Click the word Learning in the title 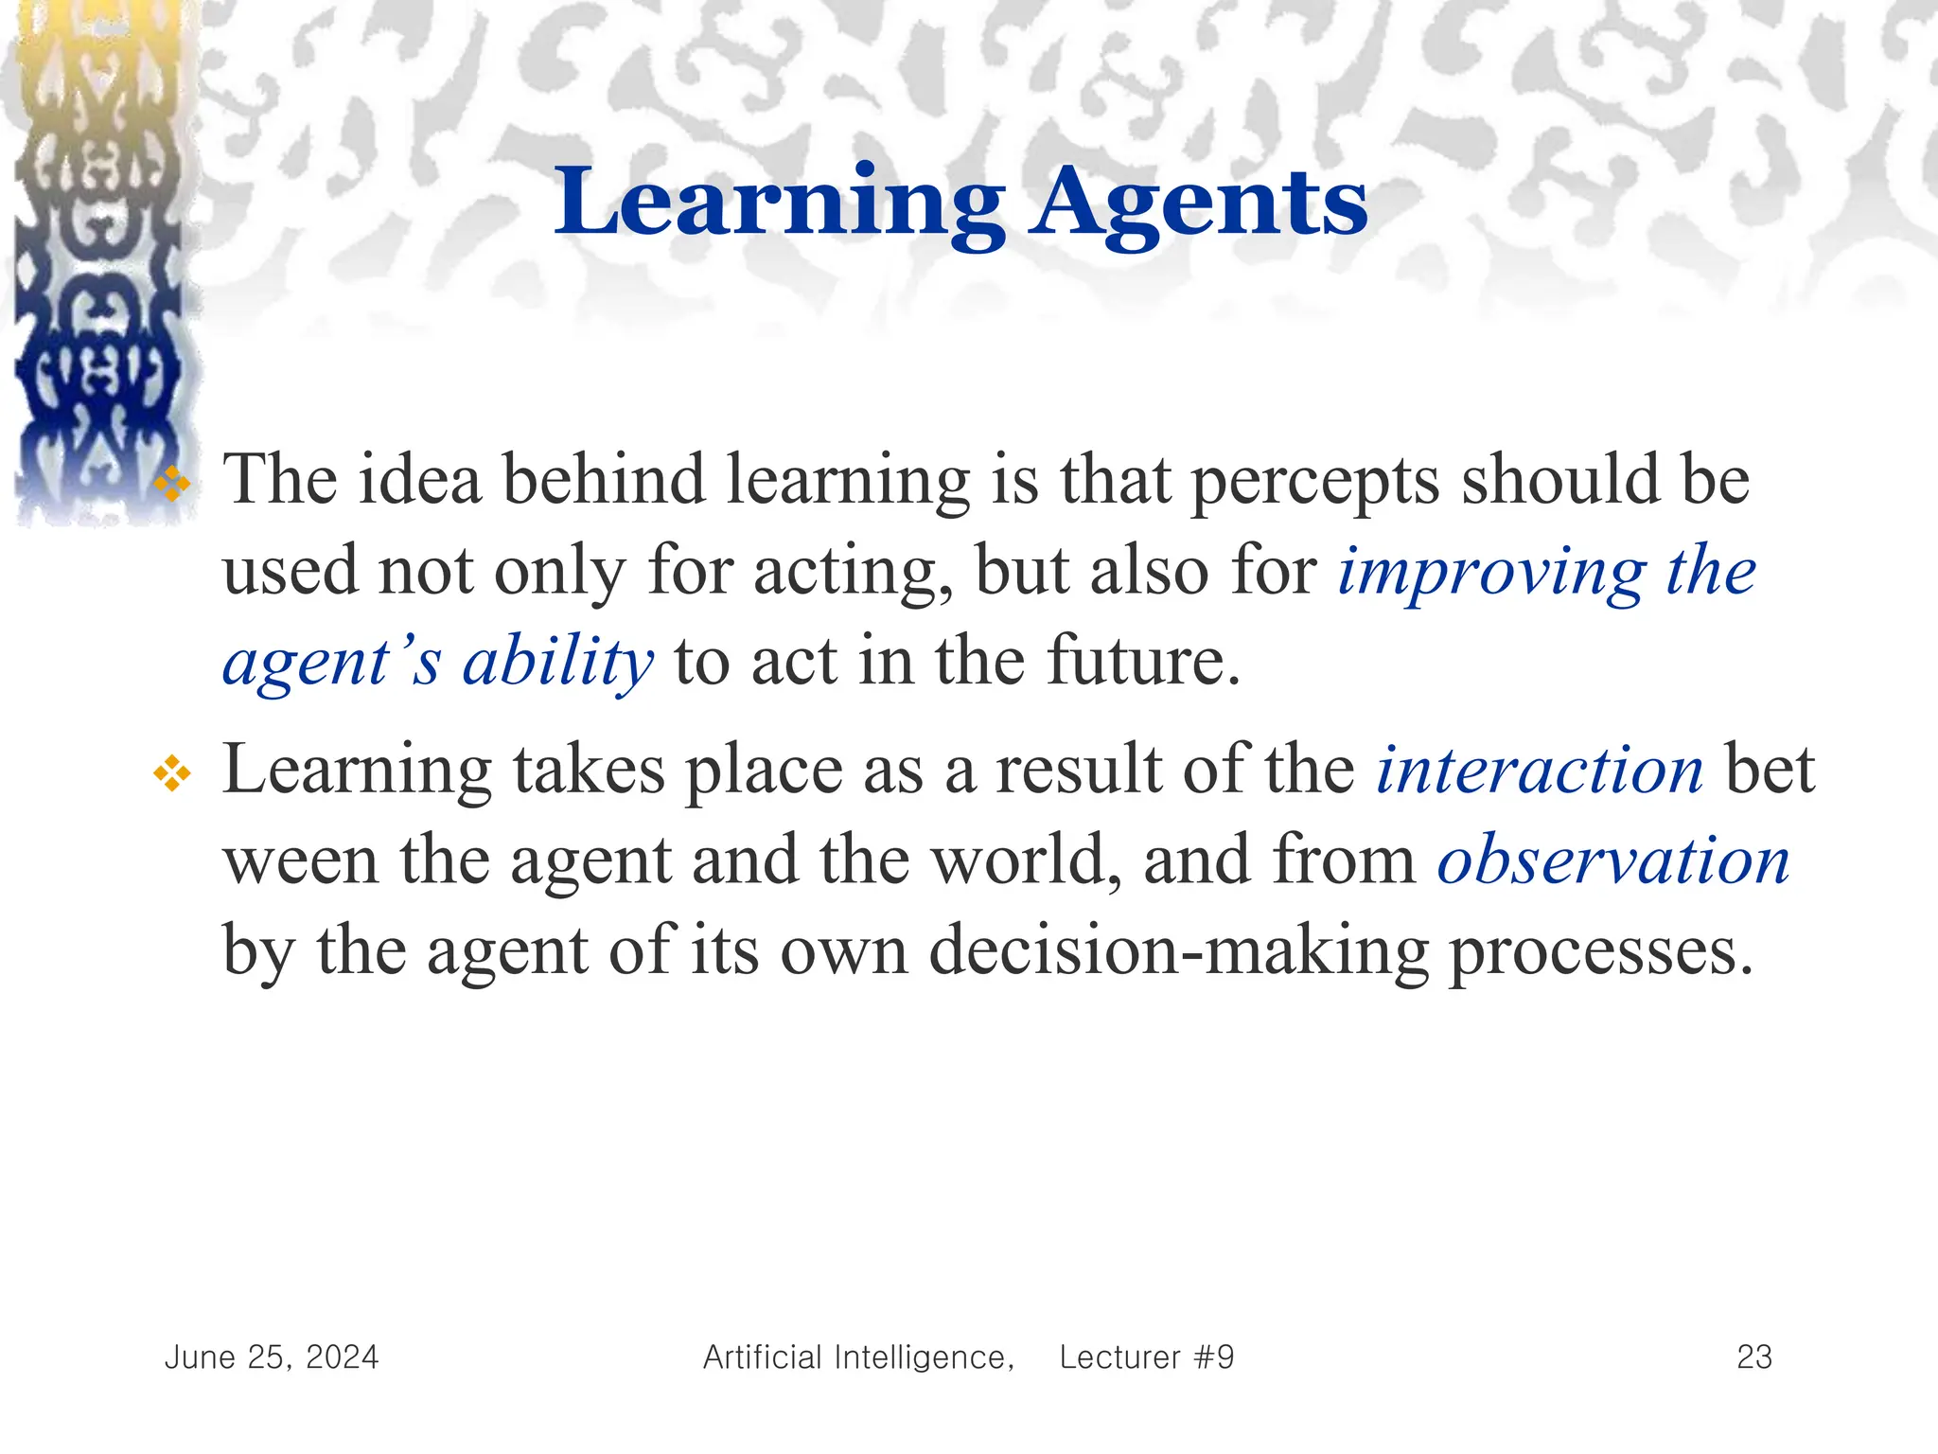(x=778, y=204)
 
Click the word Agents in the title (x=1199, y=204)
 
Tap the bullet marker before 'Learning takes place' (x=172, y=774)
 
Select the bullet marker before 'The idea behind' (x=172, y=485)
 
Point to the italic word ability (x=557, y=663)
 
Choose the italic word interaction (x=1540, y=771)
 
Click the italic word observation (x=1613, y=861)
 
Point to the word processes (x=1601, y=952)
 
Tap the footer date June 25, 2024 (x=272, y=1357)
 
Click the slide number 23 (x=1754, y=1357)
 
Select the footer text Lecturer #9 (x=1147, y=1357)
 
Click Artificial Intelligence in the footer (x=857, y=1357)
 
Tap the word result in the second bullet (x=1079, y=771)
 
